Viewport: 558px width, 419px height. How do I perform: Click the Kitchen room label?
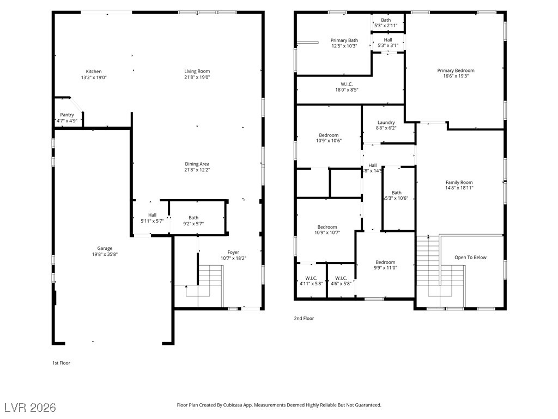[94, 71]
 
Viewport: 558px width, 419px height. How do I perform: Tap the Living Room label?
[197, 71]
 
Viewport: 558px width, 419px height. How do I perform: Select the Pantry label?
[67, 115]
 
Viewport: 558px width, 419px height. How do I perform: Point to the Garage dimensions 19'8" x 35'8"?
[105, 254]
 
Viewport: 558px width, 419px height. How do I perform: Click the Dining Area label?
[197, 164]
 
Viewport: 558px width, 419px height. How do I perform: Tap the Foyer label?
[233, 252]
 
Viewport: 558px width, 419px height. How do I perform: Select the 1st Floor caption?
[61, 363]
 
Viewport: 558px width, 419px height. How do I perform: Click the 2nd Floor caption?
[304, 319]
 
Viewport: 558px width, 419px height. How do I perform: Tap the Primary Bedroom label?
[456, 70]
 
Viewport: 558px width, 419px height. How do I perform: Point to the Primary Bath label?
[344, 40]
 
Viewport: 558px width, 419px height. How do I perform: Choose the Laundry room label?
[386, 123]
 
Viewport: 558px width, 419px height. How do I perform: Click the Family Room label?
[459, 182]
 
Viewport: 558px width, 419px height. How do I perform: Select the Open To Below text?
[470, 258]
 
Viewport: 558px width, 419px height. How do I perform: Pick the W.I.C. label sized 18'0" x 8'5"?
[347, 85]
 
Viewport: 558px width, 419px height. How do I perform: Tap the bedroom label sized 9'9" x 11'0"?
[385, 262]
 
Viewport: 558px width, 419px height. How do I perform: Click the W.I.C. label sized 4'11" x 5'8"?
[311, 278]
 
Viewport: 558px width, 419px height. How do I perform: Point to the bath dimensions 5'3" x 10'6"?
[397, 199]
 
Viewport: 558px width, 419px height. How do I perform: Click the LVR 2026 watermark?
[31, 408]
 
